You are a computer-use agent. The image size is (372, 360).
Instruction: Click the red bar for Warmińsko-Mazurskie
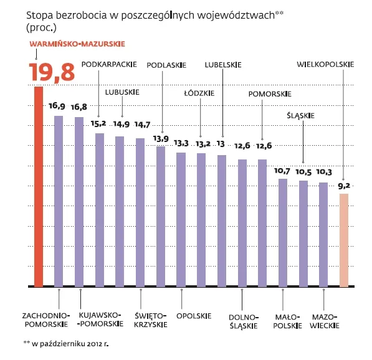point(38,187)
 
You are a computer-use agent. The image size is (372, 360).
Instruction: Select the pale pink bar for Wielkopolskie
point(343,240)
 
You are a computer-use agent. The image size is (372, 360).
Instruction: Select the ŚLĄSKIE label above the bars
point(301,115)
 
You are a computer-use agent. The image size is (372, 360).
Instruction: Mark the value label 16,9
point(57,106)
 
